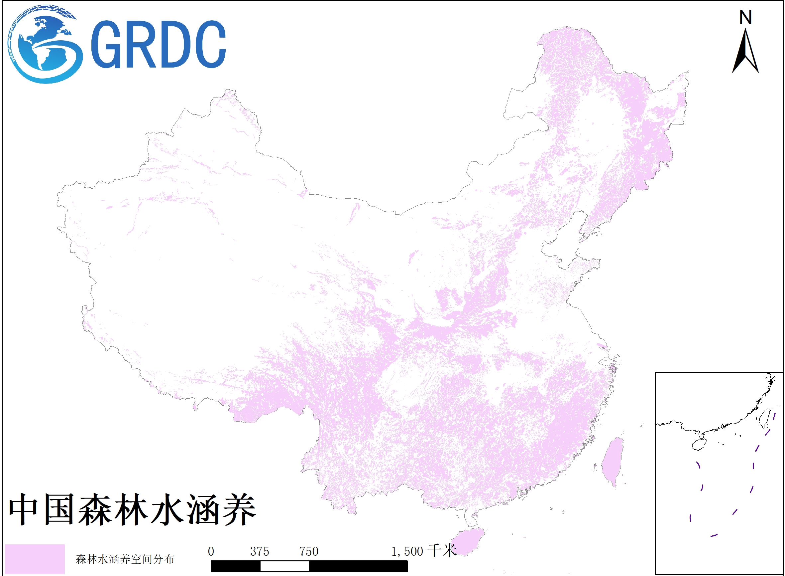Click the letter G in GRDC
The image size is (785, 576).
click(x=106, y=44)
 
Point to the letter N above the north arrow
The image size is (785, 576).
click(x=745, y=17)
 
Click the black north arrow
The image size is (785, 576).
click(x=745, y=52)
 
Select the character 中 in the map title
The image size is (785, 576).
click(x=23, y=509)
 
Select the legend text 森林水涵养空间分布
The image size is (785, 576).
click(x=125, y=559)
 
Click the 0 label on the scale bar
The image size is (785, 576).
click(x=211, y=552)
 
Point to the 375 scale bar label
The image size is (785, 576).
click(x=260, y=552)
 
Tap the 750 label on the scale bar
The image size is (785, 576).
click(x=309, y=552)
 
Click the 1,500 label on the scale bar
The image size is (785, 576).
click(x=407, y=552)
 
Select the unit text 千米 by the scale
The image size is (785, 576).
click(x=442, y=551)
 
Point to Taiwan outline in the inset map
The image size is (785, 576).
click(x=764, y=418)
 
